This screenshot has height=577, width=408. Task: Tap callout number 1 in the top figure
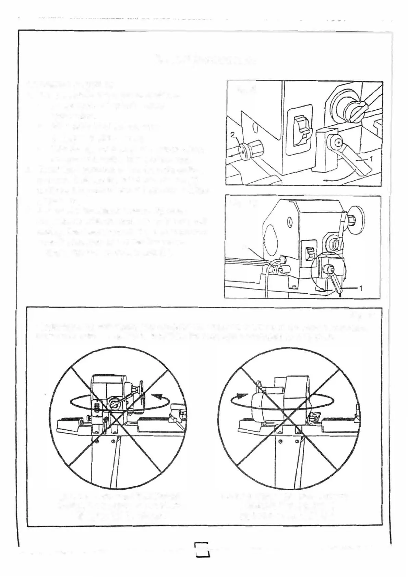(371, 158)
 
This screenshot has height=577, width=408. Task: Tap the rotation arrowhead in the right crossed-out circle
(242, 396)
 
